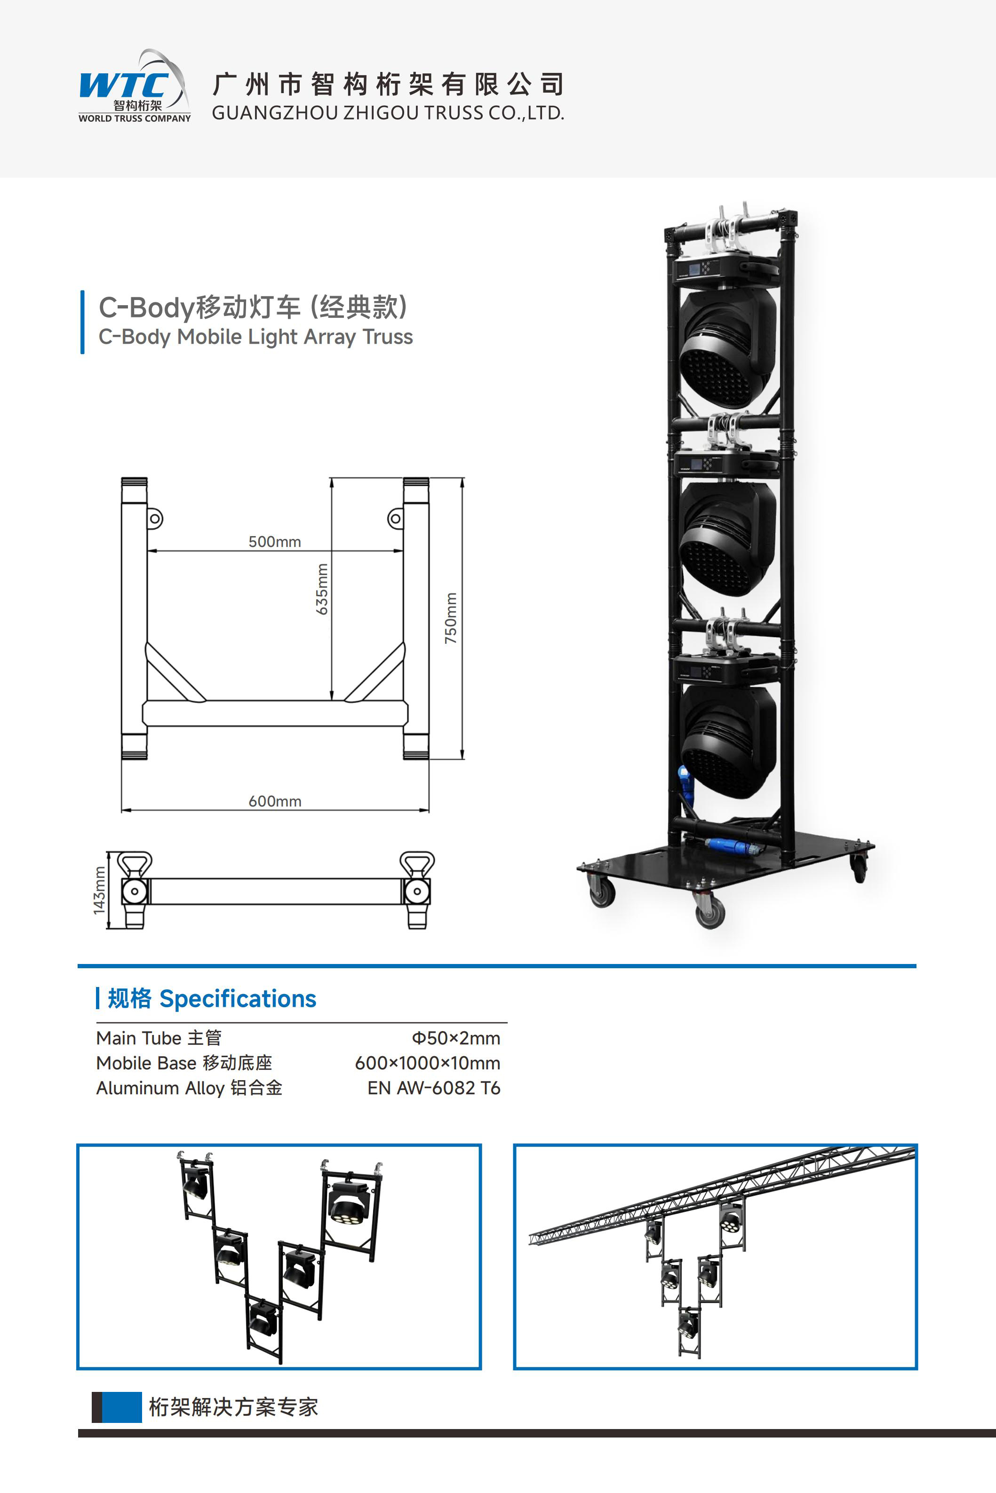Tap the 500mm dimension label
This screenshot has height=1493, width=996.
pos(274,541)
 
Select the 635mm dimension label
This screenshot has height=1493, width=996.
pos(323,589)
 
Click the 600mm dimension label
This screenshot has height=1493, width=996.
pos(274,801)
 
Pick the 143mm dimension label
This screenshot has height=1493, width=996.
pos(99,891)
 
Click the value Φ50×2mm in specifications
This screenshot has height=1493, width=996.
pos(455,1038)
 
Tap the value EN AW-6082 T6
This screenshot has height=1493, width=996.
pos(433,1088)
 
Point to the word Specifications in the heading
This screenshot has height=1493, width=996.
pos(238,998)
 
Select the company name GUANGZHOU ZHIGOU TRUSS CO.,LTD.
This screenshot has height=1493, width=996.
pos(388,113)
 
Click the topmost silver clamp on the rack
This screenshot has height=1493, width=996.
pos(731,232)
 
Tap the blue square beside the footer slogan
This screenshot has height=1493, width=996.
pos(121,1406)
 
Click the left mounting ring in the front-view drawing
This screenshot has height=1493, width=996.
pos(154,519)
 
